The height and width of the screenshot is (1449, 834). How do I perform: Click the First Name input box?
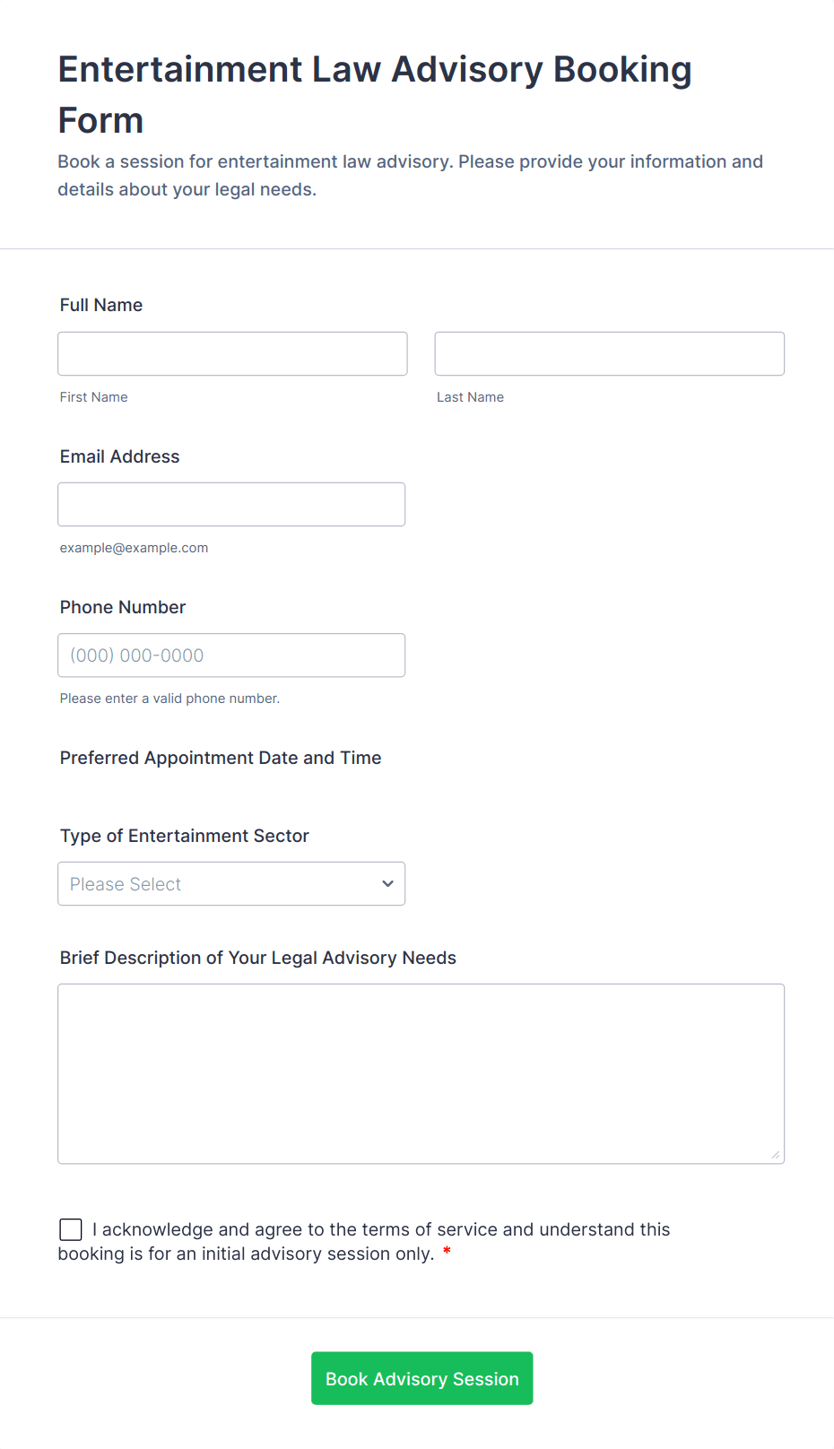coord(232,353)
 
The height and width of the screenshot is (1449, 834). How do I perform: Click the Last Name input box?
coord(609,353)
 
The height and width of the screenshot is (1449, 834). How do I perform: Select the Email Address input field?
coord(231,504)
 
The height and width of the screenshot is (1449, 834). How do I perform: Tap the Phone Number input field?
coord(231,655)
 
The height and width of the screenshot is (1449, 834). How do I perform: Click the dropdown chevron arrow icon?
coord(387,883)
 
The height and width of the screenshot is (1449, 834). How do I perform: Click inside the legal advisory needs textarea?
coord(421,1073)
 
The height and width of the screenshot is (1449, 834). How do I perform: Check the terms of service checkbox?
coord(71,1229)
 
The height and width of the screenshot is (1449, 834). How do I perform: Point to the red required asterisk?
coord(447,1253)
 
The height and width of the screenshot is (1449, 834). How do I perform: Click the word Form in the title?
coord(100,121)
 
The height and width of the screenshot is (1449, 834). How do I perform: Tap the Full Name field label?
coord(101,305)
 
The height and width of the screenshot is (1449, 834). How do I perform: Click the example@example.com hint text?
coord(134,548)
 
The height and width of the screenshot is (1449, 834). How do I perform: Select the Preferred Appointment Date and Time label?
coord(221,758)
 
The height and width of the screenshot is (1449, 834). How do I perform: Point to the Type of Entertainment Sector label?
coord(184,836)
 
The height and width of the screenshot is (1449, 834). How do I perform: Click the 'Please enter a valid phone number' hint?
coord(169,698)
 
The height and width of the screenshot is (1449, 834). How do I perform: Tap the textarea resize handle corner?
coord(775,1155)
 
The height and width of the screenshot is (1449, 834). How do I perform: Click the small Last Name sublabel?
coord(470,397)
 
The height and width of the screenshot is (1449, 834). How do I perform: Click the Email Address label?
coord(119,456)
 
